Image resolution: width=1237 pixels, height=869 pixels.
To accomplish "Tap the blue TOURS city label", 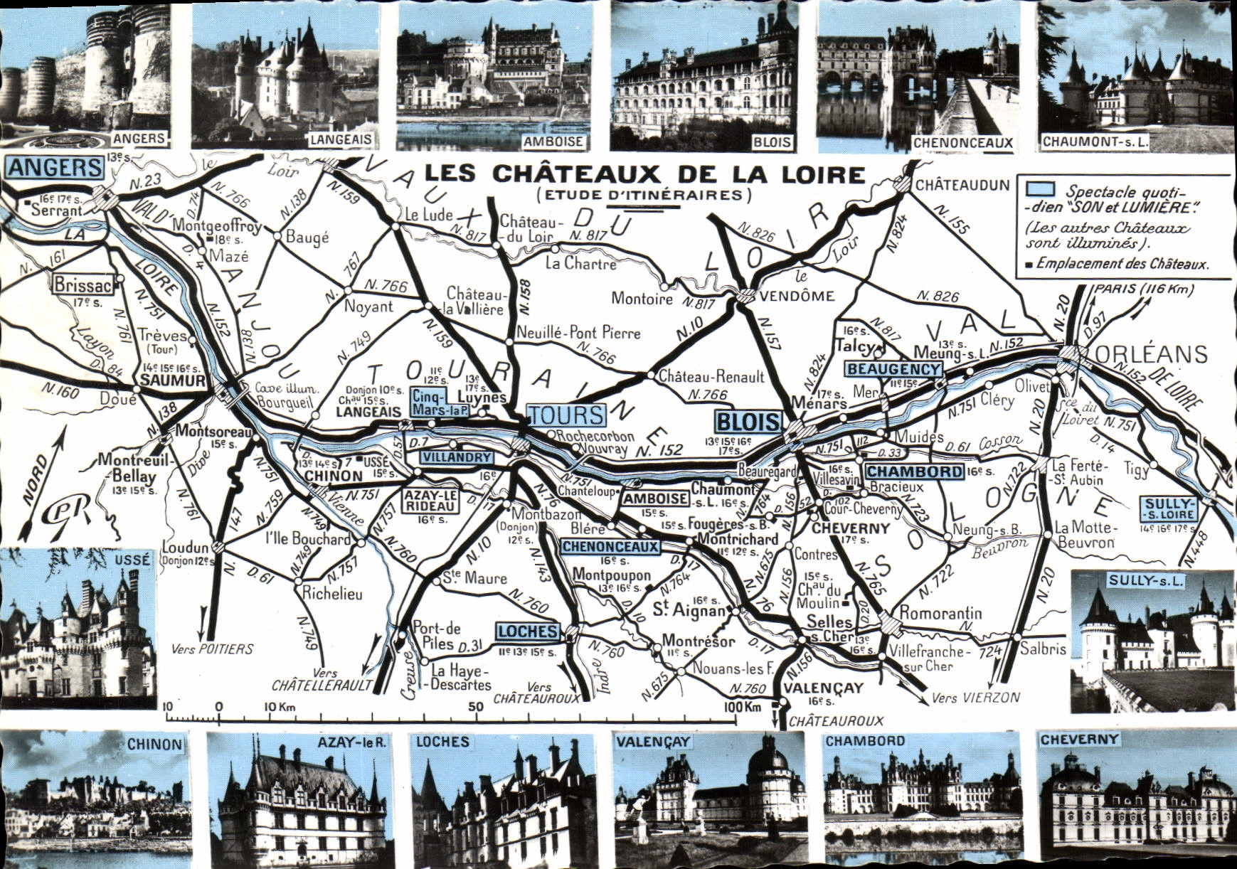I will [566, 415].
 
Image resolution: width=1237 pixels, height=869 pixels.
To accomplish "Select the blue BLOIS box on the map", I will [747, 422].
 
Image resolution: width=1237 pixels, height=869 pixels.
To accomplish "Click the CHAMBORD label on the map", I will [914, 471].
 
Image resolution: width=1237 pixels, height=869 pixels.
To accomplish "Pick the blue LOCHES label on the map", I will [528, 631].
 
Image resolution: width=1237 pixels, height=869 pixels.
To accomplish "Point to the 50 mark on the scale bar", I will [476, 706].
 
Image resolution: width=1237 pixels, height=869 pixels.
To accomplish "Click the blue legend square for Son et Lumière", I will [1040, 188].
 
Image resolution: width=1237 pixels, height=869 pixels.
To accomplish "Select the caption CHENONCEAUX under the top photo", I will [962, 142].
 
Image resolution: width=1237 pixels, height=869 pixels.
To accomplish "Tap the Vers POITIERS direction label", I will [212, 649].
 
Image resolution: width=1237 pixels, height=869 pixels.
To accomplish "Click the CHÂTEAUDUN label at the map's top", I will [962, 186].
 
